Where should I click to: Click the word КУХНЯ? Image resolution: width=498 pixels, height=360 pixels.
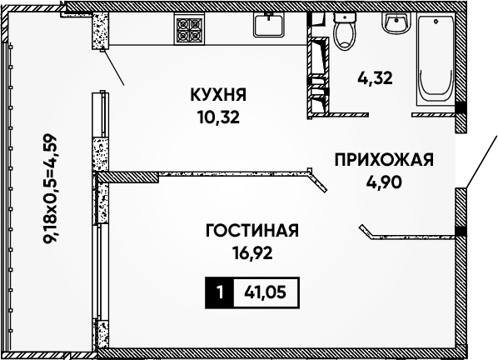[218, 95]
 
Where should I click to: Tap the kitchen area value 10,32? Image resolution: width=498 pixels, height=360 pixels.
[218, 117]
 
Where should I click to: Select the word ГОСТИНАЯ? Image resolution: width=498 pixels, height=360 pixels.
[252, 230]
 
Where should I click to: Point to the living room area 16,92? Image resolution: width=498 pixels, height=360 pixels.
[252, 253]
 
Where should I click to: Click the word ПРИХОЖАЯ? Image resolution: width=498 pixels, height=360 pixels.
[384, 159]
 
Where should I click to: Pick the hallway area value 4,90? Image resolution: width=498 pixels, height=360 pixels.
[384, 182]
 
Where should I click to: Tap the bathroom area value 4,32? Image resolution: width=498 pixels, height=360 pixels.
[375, 77]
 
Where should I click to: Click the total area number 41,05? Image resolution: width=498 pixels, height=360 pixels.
[265, 292]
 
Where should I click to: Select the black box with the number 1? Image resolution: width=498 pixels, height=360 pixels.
[219, 292]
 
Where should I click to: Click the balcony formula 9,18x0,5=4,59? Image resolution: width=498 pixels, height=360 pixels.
[50, 188]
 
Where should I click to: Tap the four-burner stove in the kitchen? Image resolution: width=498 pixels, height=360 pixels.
[189, 29]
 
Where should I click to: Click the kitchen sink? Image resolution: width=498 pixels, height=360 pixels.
[269, 25]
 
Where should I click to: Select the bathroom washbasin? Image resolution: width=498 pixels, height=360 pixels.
[396, 23]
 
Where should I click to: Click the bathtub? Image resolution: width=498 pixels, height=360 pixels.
[436, 60]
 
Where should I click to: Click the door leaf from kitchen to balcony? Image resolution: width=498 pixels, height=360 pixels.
[113, 67]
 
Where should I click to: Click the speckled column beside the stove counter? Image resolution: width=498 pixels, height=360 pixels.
[101, 31]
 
